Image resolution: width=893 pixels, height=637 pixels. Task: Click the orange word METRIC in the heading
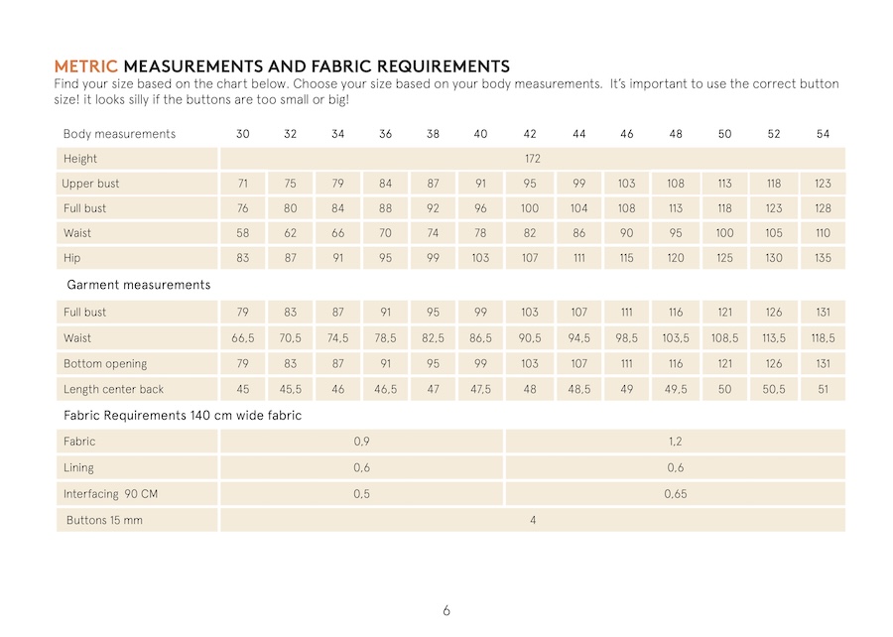point(85,66)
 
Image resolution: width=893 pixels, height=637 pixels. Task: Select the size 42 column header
point(530,134)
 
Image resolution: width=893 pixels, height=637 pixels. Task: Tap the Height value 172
point(532,159)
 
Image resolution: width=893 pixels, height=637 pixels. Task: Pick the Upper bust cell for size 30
point(242,184)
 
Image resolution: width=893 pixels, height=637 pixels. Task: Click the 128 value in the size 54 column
point(823,208)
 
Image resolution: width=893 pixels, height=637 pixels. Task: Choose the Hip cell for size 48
point(675,258)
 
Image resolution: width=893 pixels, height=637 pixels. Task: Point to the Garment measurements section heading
point(139,285)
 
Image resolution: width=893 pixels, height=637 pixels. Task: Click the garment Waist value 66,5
point(243,338)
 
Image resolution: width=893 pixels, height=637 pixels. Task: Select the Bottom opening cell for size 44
point(579,364)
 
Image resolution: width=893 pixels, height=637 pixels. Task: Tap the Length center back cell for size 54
point(823,390)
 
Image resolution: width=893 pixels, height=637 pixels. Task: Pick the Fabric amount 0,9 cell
point(361,442)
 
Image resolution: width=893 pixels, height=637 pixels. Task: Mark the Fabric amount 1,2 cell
point(675,442)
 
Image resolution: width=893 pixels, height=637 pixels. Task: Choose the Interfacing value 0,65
point(675,493)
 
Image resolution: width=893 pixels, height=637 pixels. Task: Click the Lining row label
point(79,467)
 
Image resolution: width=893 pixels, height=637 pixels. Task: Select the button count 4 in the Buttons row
point(533,520)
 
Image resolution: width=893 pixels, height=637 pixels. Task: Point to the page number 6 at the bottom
point(446,610)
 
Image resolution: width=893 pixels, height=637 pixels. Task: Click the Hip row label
point(71,258)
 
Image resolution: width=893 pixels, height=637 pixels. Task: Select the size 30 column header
point(242,134)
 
